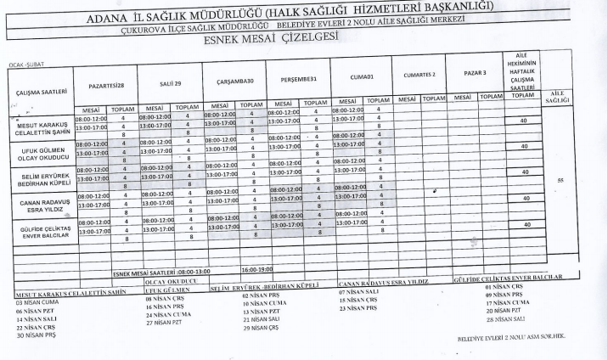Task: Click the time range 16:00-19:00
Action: pyautogui.click(x=258, y=269)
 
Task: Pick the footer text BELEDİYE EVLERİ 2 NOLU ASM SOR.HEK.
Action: pyautogui.click(x=510, y=337)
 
